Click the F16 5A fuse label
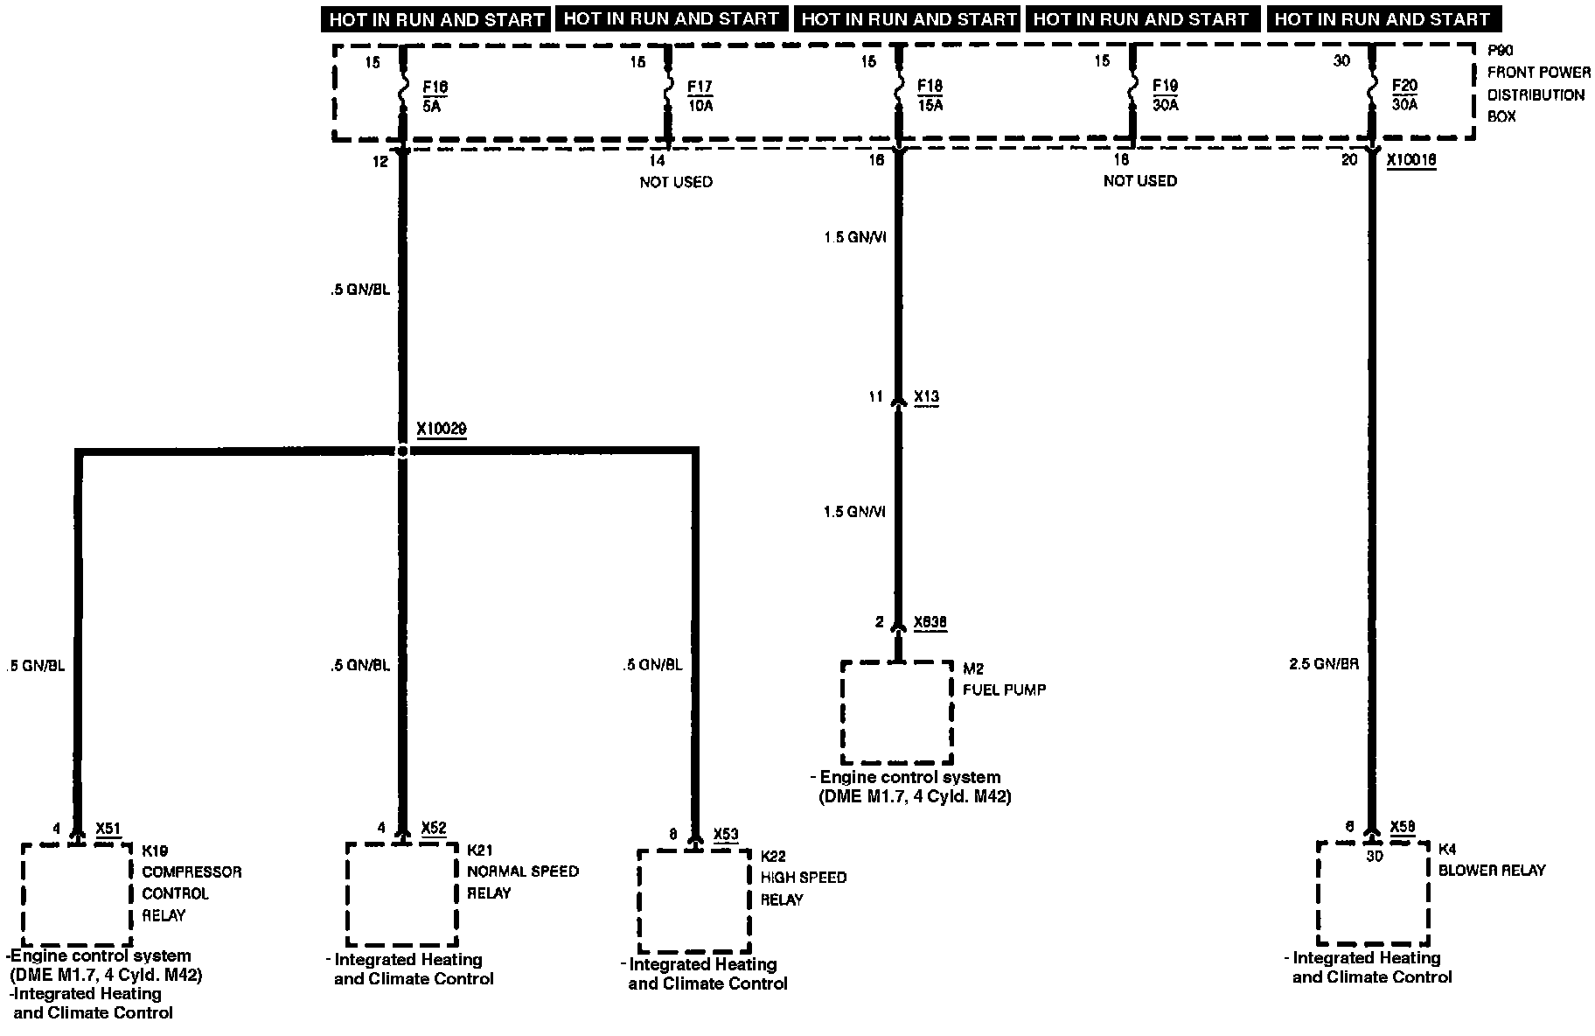coord(435,95)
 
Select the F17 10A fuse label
coord(700,95)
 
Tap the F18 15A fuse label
coord(930,95)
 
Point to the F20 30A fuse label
coord(1403,95)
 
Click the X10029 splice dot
coord(402,451)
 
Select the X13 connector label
coord(926,397)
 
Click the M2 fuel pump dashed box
coord(896,711)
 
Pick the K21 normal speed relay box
coord(401,893)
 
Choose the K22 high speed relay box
coord(694,901)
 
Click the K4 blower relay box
coord(1373,893)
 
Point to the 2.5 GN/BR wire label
coord(1323,664)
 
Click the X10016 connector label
coord(1411,161)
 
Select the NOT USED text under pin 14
coord(676,182)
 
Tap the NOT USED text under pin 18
coord(1140,181)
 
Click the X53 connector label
coord(726,834)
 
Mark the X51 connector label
coord(108,829)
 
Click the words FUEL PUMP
coord(1004,689)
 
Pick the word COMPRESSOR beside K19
coord(192,872)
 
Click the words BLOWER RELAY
coord(1492,871)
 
